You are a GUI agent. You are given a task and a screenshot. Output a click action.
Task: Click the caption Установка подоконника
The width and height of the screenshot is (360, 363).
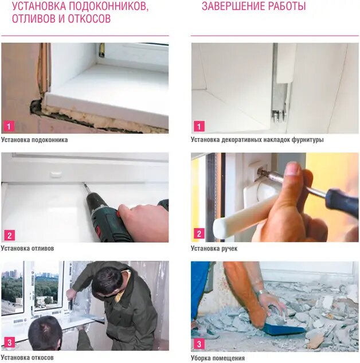tap(34, 139)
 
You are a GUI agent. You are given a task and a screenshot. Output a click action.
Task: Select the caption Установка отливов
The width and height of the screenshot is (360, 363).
tap(28, 248)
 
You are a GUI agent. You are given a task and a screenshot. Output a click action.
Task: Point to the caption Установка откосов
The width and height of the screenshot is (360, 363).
tap(27, 357)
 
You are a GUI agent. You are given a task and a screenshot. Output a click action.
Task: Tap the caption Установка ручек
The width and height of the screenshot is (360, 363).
tap(214, 248)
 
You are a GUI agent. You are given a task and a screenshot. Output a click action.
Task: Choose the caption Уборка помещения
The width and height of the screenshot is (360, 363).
tap(218, 358)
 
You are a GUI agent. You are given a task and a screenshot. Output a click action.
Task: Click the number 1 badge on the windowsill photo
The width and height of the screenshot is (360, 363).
tap(9, 126)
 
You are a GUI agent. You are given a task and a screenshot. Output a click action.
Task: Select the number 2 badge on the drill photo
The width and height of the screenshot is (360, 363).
tap(9, 236)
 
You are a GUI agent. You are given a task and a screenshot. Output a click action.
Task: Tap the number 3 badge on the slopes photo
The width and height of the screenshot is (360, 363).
tap(9, 342)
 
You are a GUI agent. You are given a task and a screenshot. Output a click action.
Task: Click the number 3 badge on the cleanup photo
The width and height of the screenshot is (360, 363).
tap(199, 344)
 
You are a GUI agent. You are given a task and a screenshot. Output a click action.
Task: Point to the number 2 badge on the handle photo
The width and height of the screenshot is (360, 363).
tap(199, 233)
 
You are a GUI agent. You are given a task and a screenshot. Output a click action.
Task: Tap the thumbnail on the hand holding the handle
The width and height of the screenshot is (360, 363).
tap(293, 168)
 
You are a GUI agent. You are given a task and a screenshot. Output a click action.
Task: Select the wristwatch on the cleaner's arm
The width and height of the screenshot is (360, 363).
tap(261, 292)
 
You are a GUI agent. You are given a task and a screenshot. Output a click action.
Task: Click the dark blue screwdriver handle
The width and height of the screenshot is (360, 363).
tap(342, 204)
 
